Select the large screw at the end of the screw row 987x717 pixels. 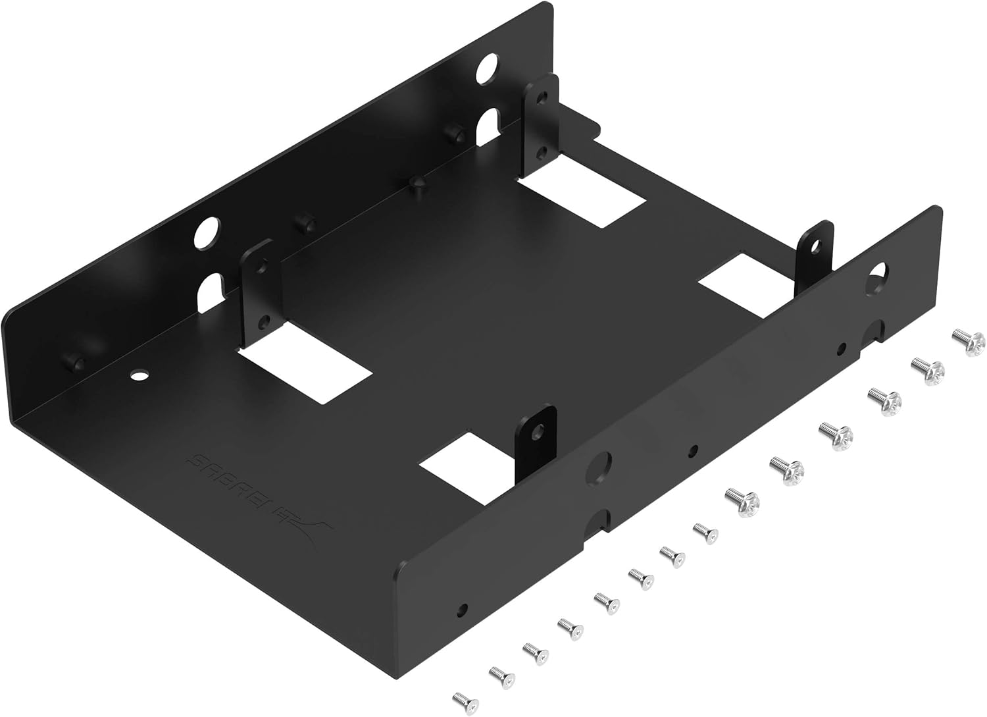point(969,342)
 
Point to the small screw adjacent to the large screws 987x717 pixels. point(705,530)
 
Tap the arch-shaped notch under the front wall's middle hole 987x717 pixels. point(599,520)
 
